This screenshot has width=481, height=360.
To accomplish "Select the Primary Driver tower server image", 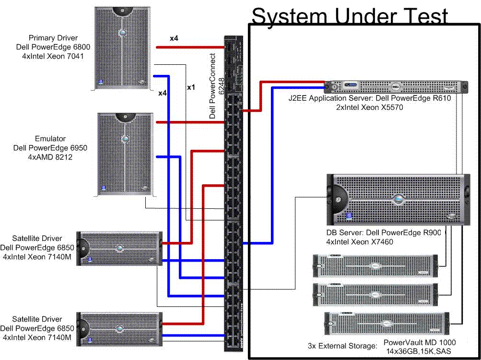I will tap(123, 48).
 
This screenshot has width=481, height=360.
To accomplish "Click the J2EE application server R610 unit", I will tap(396, 87).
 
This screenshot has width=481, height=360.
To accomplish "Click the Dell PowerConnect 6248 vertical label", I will tap(217, 86).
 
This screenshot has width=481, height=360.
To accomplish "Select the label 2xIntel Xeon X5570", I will tap(370, 108).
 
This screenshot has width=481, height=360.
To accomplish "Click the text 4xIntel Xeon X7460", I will tap(359, 242).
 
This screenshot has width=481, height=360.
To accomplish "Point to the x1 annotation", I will tap(191, 88).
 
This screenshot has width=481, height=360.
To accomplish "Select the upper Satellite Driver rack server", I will tap(119, 248).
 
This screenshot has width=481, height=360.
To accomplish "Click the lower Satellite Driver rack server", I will tap(119, 328).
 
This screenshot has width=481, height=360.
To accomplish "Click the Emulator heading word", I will tap(50, 139).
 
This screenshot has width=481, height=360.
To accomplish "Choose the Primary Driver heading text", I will tap(53, 38).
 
